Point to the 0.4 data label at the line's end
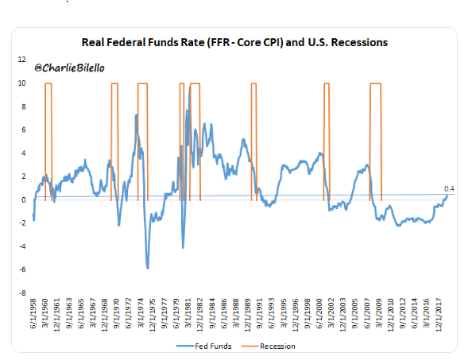pyautogui.click(x=448, y=188)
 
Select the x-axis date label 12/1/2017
pyautogui.click(x=435, y=316)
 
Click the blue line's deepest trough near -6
pyautogui.click(x=147, y=268)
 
